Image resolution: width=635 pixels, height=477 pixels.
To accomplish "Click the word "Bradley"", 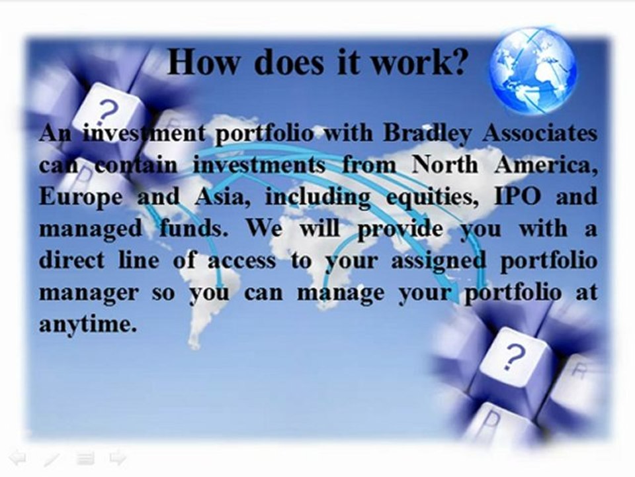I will [426, 134].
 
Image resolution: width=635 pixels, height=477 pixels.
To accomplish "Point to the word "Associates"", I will [540, 134].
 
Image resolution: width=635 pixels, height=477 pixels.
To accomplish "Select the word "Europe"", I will [81, 197].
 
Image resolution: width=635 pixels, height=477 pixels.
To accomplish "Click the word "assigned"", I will [448, 260].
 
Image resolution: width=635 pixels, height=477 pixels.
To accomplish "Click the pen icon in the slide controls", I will [52, 458].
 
